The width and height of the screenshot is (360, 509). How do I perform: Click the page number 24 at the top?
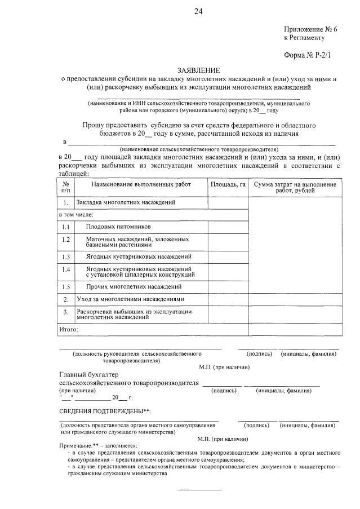198,11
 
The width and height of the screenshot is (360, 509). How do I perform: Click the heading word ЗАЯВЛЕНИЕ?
198,70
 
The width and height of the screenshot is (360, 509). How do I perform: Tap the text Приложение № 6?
309,29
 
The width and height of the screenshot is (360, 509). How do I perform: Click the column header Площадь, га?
228,185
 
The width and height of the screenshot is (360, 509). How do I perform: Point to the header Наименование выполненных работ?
141,185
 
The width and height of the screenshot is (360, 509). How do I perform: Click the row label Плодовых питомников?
118,227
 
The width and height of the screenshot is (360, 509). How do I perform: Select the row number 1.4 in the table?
66,269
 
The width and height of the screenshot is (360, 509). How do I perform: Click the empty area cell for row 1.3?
228,256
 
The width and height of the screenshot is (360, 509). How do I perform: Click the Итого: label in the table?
69,329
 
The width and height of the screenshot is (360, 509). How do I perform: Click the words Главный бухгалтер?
89,375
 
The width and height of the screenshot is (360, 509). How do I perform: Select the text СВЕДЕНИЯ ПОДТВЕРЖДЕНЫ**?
105,411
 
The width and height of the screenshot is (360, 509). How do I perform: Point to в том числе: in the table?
77,214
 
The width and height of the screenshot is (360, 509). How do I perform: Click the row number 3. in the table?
66,312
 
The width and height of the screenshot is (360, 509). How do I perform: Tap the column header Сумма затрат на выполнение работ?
295,188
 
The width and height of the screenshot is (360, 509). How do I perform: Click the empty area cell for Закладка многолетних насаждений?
228,202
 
